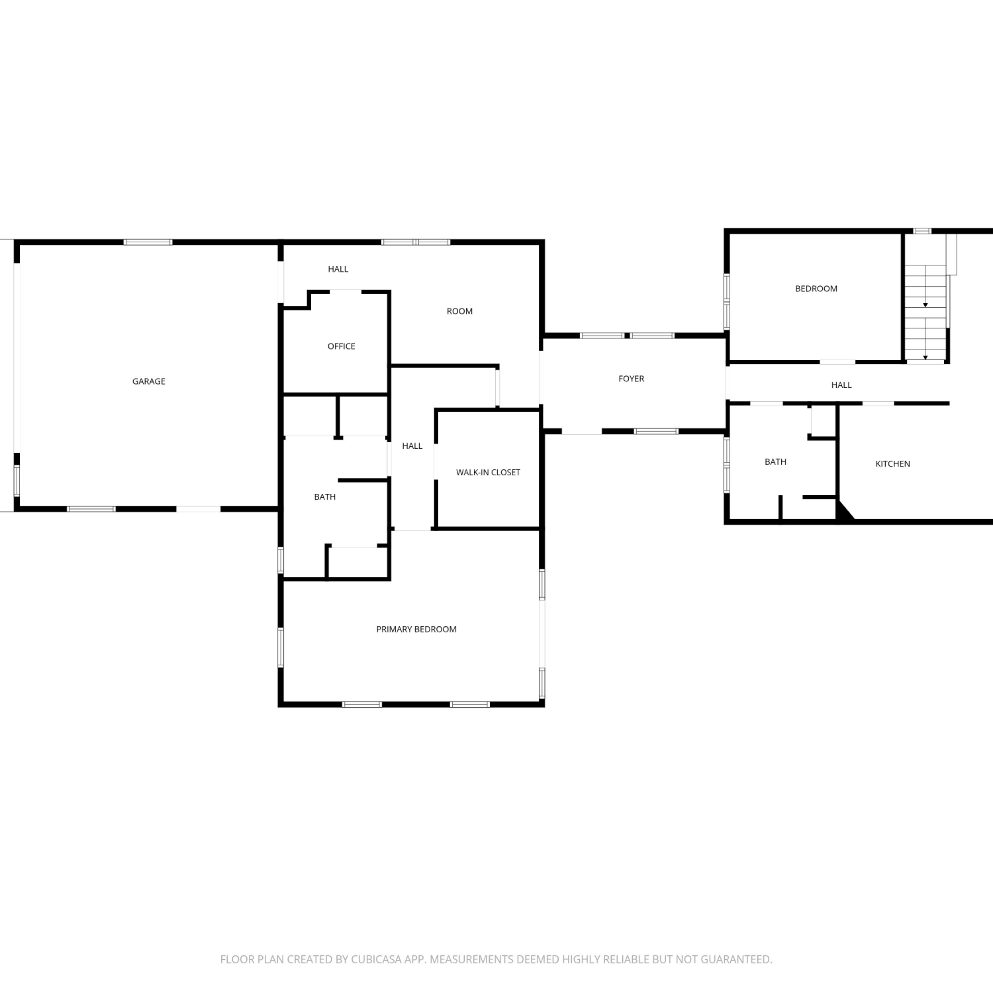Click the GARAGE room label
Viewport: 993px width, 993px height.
tap(149, 381)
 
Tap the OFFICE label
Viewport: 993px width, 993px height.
tap(342, 346)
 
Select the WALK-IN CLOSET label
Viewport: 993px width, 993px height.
tap(488, 472)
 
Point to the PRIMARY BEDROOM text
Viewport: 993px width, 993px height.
tap(416, 629)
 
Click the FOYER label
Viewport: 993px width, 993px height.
tap(632, 379)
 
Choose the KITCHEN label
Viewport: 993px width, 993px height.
tap(893, 463)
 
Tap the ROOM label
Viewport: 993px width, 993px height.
tap(460, 311)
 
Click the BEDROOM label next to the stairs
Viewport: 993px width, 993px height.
tap(816, 289)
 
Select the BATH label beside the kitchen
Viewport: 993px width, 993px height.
tap(776, 461)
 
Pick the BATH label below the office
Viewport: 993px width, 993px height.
tap(325, 496)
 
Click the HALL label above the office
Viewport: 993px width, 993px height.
tap(338, 269)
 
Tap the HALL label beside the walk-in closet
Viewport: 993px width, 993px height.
tap(412, 446)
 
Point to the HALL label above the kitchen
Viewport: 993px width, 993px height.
tap(842, 385)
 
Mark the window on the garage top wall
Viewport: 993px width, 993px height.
tap(148, 242)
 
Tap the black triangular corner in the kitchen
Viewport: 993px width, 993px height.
tap(843, 511)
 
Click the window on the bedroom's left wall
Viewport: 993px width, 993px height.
tap(727, 302)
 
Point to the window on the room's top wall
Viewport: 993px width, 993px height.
tap(416, 242)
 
